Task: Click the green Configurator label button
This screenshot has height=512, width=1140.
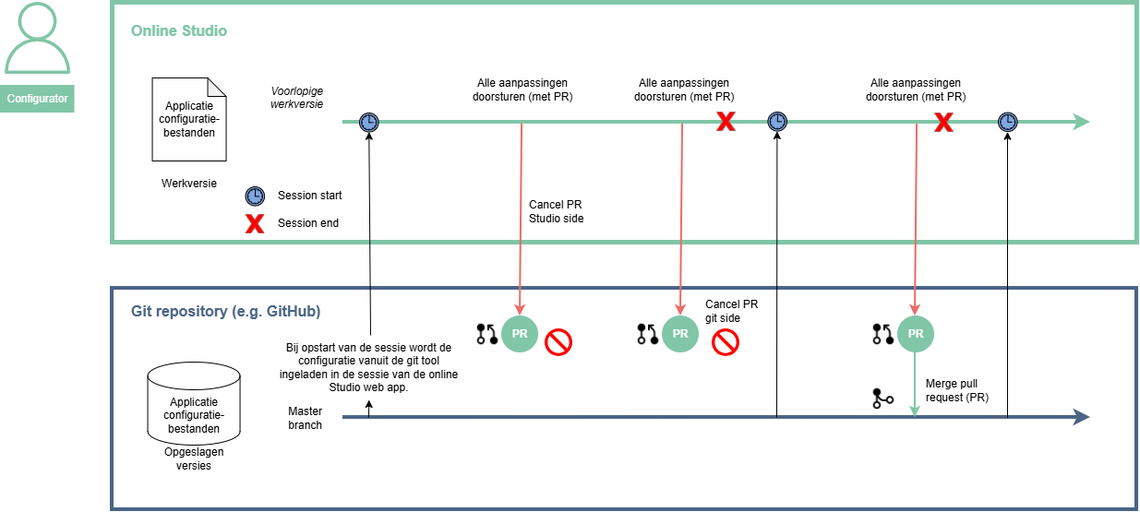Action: click(x=37, y=98)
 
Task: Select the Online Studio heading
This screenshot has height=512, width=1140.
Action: click(x=179, y=31)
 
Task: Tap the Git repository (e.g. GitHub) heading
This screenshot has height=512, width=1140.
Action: click(x=225, y=311)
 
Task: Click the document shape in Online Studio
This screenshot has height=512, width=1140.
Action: click(x=189, y=120)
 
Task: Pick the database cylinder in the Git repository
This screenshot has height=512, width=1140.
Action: click(x=194, y=403)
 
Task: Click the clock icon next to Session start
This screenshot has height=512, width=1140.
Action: click(x=255, y=196)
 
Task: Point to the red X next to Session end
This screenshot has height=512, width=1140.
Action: click(x=255, y=224)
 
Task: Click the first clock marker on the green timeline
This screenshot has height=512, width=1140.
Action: click(x=369, y=123)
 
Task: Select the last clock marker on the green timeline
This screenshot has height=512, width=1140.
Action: click(x=1007, y=122)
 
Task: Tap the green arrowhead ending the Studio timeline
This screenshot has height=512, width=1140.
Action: click(x=1081, y=122)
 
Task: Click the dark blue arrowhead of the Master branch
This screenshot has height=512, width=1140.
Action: click(x=1081, y=417)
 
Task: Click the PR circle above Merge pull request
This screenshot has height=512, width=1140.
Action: click(x=915, y=334)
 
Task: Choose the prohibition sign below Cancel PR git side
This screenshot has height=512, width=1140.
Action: click(x=726, y=342)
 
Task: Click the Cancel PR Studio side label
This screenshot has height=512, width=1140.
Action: click(x=556, y=211)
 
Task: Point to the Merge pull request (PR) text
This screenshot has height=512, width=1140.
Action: click(x=957, y=390)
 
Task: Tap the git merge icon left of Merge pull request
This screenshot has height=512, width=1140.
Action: click(x=882, y=399)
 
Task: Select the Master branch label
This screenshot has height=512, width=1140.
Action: click(x=305, y=418)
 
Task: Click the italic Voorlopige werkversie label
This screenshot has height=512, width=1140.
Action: click(x=296, y=98)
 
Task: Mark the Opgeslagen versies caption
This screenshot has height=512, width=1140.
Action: click(x=194, y=458)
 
